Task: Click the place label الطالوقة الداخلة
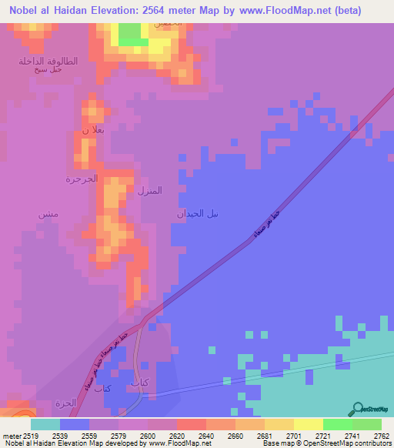pyautogui.click(x=48, y=61)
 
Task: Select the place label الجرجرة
pyautogui.click(x=81, y=179)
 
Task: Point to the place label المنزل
pyautogui.click(x=149, y=190)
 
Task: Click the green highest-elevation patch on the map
pyautogui.click(x=132, y=32)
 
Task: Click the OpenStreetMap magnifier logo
pyautogui.click(x=356, y=409)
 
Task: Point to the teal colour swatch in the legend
pyautogui.click(x=45, y=423)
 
